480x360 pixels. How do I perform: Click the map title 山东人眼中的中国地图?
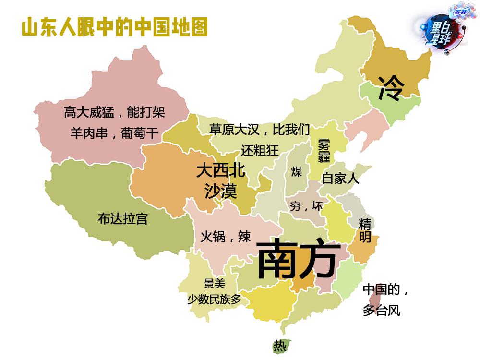[x=115, y=28]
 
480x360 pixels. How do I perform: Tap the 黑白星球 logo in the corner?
[x=442, y=29]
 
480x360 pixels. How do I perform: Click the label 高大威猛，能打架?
[x=114, y=112]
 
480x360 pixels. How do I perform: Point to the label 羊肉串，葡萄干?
[x=114, y=133]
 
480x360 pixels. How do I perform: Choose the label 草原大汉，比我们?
[x=260, y=129]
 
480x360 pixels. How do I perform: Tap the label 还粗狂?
[x=260, y=150]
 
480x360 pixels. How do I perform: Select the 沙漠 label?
[x=221, y=192]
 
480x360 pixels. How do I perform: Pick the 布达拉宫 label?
[x=122, y=219]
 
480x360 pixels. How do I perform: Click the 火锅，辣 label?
[x=225, y=236]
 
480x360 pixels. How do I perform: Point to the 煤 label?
[x=297, y=171]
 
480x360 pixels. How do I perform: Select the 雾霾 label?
[x=323, y=150]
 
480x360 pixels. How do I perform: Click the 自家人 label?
[x=340, y=179]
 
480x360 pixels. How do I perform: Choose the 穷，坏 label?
[x=306, y=206]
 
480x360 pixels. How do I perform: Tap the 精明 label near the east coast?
[x=365, y=230]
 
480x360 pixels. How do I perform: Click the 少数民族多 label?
[x=214, y=300]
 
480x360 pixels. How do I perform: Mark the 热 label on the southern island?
[x=279, y=345]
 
